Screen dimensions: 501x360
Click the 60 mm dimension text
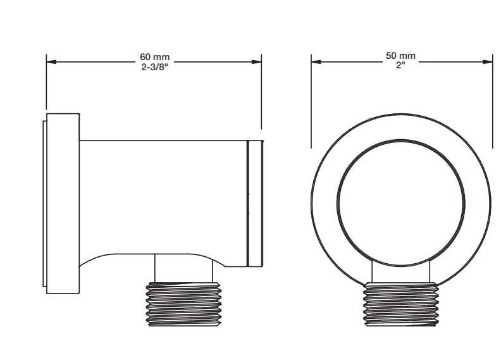coord(154,57)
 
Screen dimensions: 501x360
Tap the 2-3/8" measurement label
coord(154,68)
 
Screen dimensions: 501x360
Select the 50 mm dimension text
coord(400,56)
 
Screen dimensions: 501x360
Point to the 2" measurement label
coord(400,66)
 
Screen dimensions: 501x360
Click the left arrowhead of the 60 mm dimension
coord(51,61)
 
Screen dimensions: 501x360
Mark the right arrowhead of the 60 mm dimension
coord(257,61)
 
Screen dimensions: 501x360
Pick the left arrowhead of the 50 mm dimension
coord(316,61)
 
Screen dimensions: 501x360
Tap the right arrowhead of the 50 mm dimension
coord(488,61)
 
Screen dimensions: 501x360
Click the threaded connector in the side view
coord(183,304)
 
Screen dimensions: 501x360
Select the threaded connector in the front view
coord(400,304)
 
